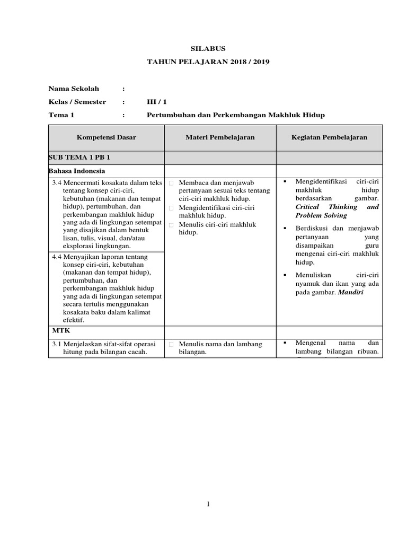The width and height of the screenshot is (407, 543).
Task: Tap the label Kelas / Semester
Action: pos(77,102)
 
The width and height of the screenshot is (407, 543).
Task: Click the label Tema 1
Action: pos(61,115)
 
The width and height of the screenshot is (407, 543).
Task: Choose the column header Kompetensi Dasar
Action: pos(107,137)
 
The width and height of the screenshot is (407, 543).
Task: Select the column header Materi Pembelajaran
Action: pos(220,137)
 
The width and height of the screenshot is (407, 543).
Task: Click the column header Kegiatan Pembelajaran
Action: pos(329,137)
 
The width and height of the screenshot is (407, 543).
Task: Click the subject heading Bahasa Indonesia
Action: pos(77,171)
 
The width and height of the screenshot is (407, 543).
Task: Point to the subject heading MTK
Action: pos(58,330)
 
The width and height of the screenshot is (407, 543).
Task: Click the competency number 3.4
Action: pos(57,183)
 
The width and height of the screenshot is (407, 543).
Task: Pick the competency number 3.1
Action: pos(57,344)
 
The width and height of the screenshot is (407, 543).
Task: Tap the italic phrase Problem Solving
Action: pos(321,215)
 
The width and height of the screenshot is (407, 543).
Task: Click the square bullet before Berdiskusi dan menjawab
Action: pos(285,228)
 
